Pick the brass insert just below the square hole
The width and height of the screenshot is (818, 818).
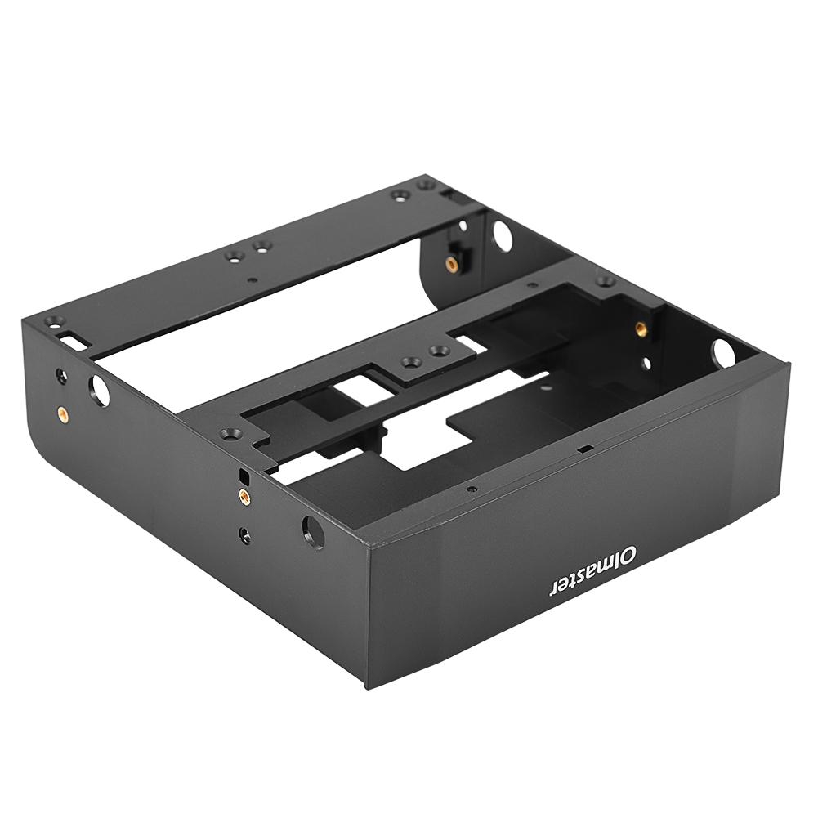pos(244,496)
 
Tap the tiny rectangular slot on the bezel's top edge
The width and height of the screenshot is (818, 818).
pos(583,449)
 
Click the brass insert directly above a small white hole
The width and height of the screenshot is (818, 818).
pos(641,329)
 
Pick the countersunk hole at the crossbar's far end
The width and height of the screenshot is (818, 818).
pos(606,280)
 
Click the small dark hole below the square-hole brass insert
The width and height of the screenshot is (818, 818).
pos(244,534)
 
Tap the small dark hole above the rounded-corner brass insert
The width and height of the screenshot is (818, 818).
pos(60,377)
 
